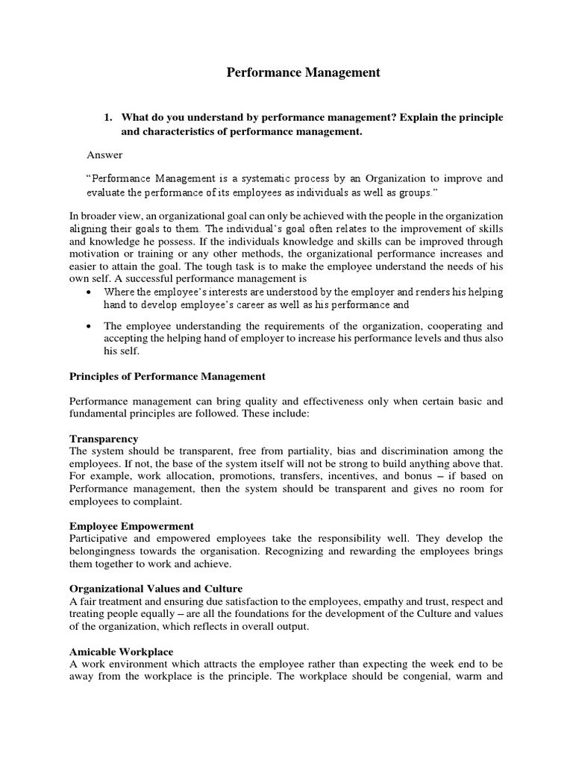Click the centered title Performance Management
(303, 72)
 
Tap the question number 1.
(107, 118)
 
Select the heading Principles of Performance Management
(167, 376)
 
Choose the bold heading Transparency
(104, 438)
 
